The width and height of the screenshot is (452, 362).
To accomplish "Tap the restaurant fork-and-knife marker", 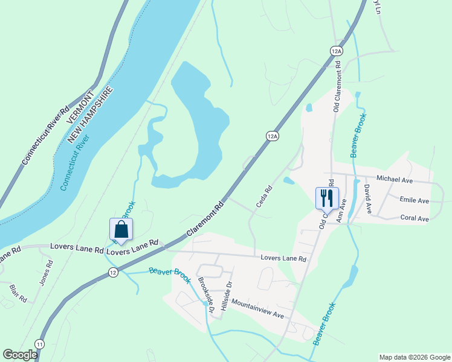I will point(327,197).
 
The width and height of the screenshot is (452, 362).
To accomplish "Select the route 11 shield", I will point(40,343).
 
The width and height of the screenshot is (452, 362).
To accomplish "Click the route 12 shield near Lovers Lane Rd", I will point(113,273).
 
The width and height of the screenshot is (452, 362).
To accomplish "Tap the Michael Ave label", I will point(394,179).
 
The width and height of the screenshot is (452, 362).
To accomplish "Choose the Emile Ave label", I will point(414,200).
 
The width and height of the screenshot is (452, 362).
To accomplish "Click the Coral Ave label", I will point(415,218).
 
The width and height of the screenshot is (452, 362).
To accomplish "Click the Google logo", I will point(20,355).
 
